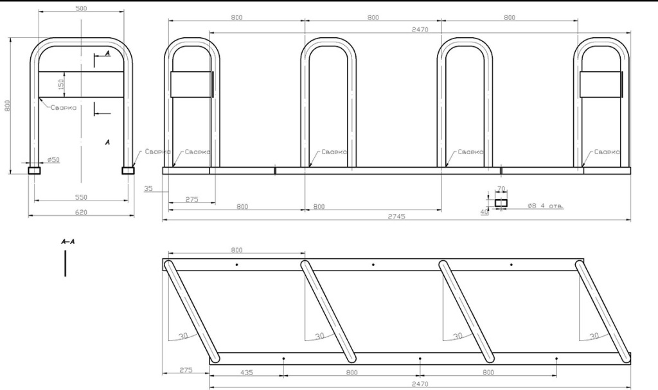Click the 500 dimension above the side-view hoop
coord(81,8)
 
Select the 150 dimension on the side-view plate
coord(61,84)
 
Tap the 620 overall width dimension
coord(81,213)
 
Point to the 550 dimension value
coord(81,197)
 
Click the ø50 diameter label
coord(53,159)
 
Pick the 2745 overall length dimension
coord(396,217)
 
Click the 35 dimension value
coord(148,188)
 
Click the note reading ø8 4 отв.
coord(546,206)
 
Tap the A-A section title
coord(68,242)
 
